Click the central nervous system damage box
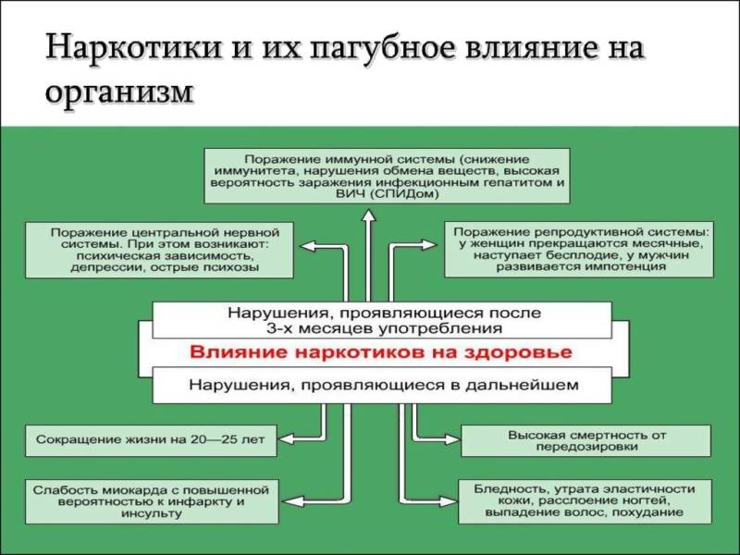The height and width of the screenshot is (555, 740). tap(159, 248)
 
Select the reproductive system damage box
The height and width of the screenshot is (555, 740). tap(579, 247)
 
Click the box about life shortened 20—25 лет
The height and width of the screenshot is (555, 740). tap(152, 439)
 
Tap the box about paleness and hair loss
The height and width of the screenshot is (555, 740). tap(584, 501)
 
